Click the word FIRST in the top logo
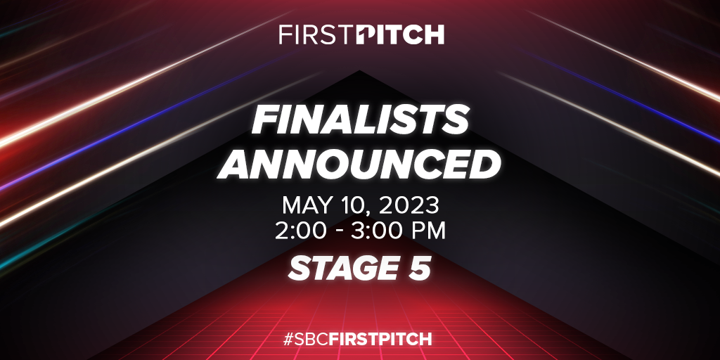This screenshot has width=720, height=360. (317, 34)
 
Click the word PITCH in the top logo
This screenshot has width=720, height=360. (400, 34)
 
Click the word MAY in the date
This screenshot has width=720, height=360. (305, 206)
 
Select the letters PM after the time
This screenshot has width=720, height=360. (429, 231)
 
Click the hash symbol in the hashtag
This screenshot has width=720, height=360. (289, 340)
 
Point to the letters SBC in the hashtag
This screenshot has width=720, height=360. (312, 340)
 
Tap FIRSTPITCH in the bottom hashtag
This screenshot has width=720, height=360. (380, 340)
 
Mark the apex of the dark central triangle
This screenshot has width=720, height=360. (359, 70)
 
